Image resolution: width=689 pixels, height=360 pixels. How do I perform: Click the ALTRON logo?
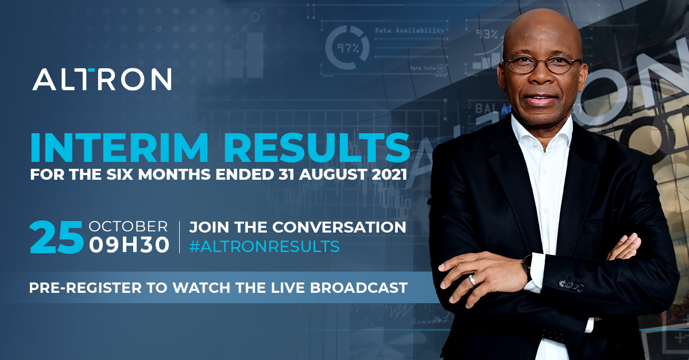click(102, 79)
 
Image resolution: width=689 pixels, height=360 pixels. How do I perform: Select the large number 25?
click(56, 237)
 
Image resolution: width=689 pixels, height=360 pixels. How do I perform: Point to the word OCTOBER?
click(129, 226)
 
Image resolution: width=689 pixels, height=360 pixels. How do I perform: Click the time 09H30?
click(129, 246)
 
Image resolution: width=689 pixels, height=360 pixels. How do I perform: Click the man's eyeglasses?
click(541, 64)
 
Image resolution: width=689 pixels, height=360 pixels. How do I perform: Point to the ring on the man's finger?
click(472, 279)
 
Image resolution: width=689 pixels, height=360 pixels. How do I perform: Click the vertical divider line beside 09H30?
click(180, 237)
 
